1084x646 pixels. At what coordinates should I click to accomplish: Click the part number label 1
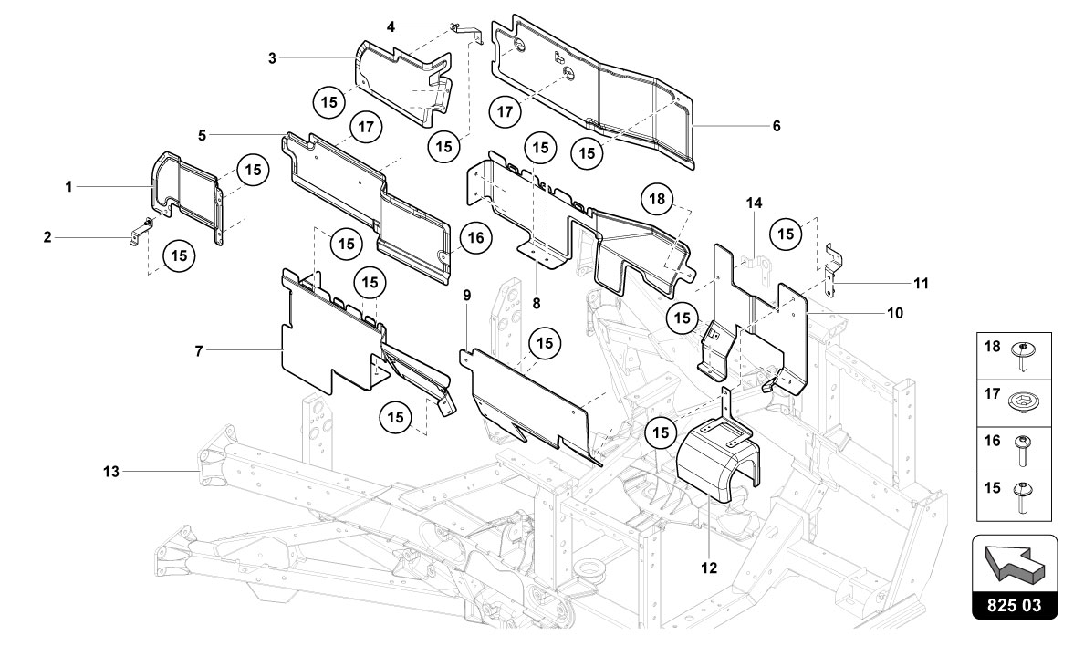click(x=68, y=186)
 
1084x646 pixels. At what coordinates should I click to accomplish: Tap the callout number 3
click(x=272, y=57)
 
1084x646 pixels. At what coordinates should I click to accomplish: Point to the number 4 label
click(x=391, y=26)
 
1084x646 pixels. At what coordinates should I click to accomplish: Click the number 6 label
click(x=777, y=126)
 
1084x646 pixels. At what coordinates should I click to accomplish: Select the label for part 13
click(x=110, y=471)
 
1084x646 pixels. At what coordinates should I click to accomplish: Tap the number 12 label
click(x=709, y=568)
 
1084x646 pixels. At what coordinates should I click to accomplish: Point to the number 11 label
click(x=922, y=283)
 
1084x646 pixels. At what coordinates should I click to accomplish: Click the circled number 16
click(x=475, y=238)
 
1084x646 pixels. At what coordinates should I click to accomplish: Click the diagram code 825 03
click(x=1016, y=604)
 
